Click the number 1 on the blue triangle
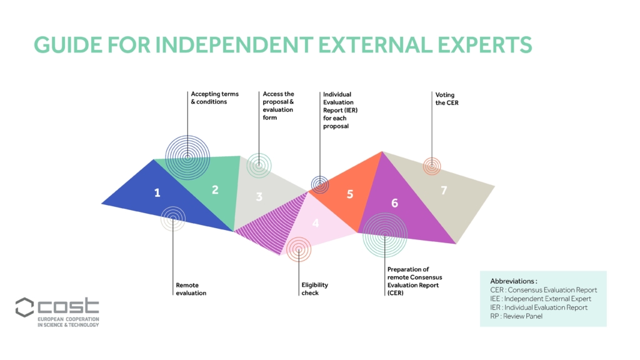157,192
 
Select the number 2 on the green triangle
215,189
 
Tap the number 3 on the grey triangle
259,197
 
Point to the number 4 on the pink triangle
315,222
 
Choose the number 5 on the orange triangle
350,194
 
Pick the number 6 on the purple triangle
394,203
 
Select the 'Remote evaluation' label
191,289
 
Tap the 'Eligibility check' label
314,289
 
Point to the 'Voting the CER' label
446,98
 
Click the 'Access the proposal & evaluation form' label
278,106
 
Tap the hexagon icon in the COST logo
24,307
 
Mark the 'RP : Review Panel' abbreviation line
516,316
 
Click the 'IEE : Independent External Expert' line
541,299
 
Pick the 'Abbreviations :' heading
514,281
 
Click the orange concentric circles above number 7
432,166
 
